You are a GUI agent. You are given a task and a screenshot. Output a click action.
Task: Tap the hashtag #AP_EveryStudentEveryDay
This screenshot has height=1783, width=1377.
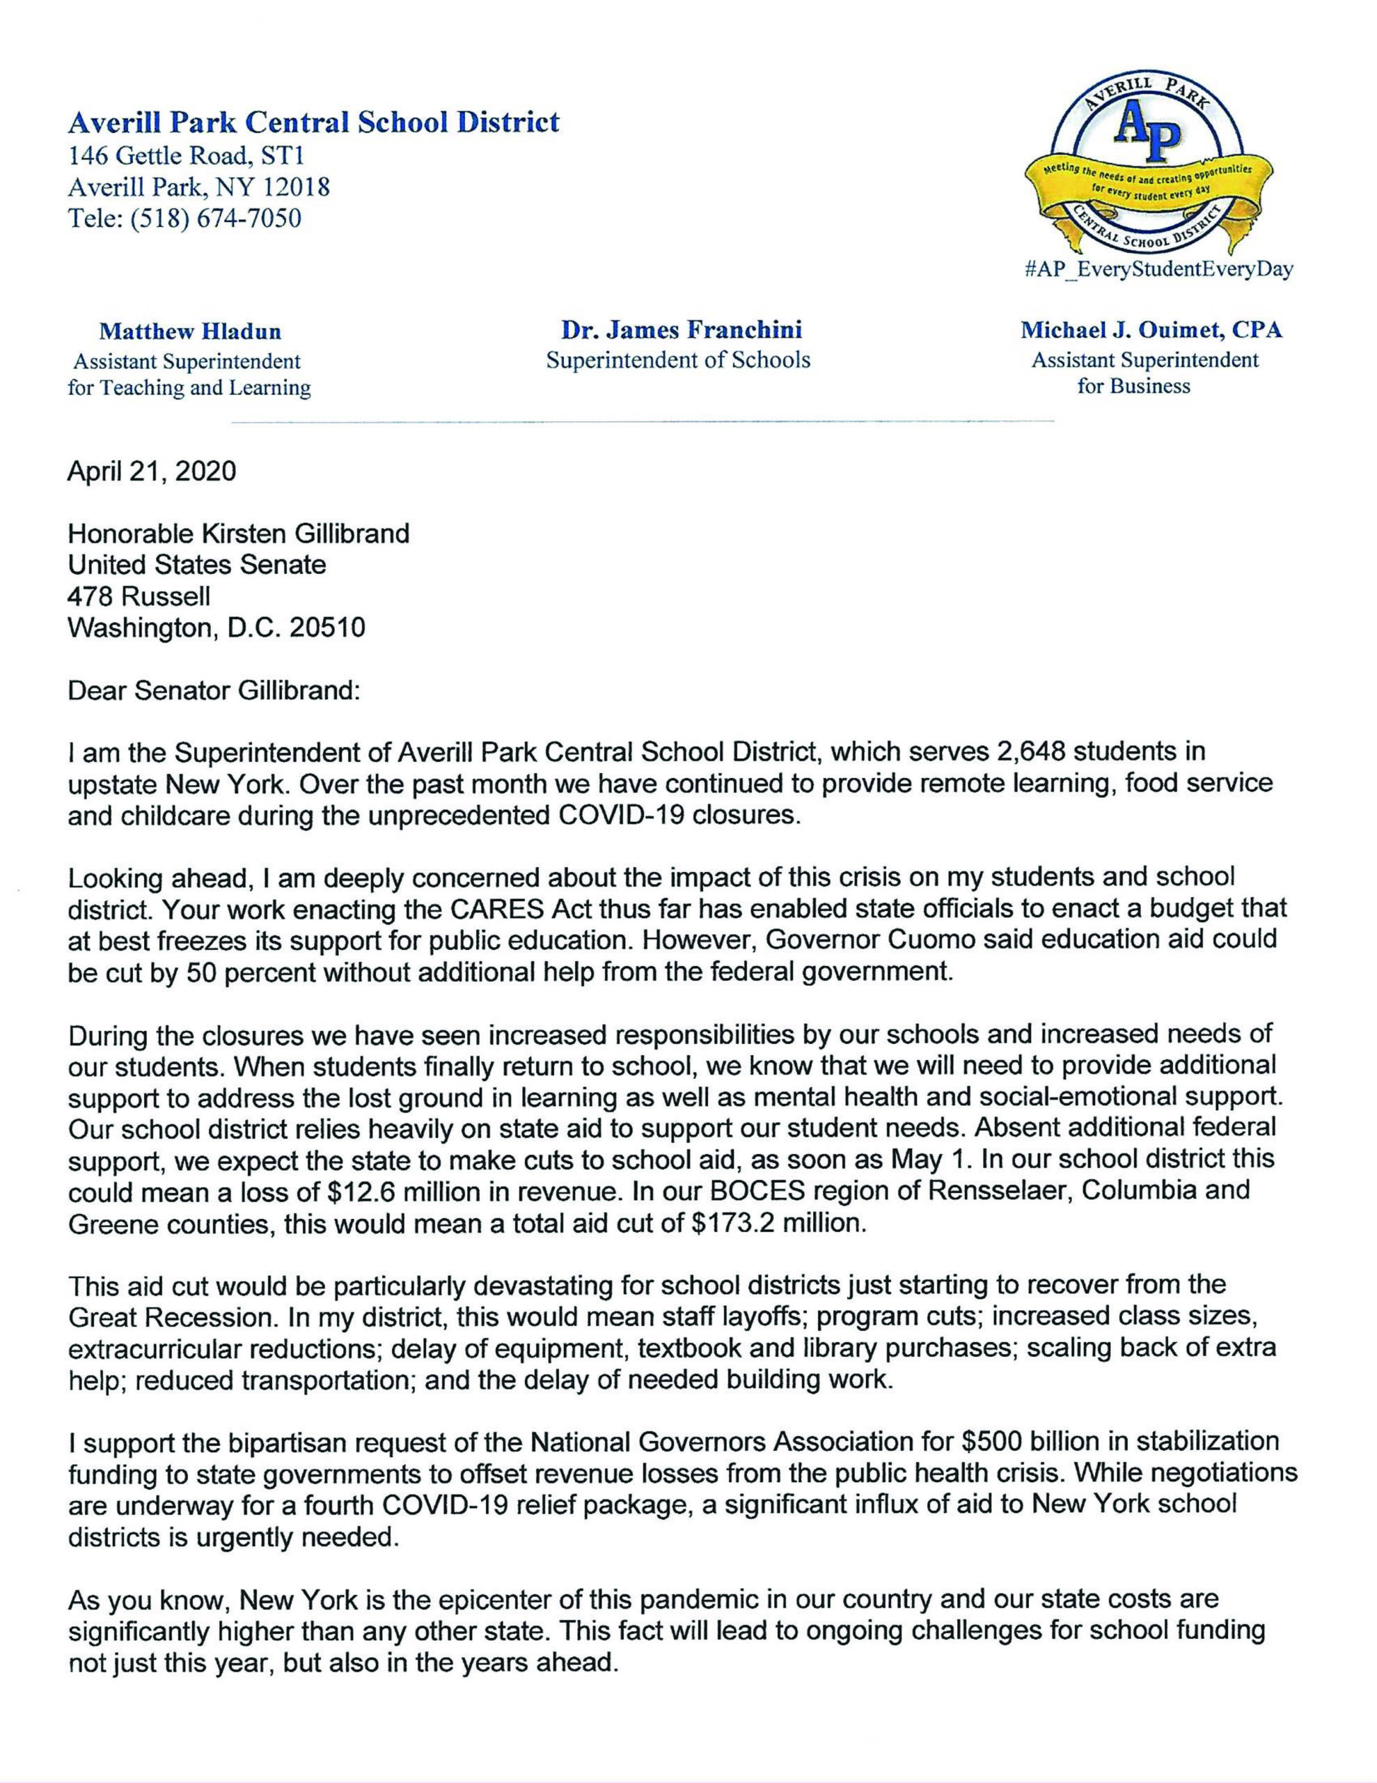(1158, 270)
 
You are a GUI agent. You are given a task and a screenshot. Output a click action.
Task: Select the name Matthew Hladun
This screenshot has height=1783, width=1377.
(189, 332)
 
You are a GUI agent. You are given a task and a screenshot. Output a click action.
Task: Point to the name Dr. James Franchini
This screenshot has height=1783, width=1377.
(681, 330)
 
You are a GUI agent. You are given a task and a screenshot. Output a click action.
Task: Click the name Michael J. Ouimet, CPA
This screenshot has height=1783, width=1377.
(1151, 331)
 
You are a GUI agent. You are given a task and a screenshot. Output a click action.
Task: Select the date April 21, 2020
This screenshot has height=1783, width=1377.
(152, 471)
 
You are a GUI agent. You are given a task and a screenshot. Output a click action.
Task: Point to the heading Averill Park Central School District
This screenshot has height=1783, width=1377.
(313, 123)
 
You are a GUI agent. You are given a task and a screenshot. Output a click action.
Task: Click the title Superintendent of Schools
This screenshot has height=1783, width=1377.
(678, 360)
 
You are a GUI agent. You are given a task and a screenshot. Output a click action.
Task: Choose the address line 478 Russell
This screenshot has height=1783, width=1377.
(139, 597)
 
